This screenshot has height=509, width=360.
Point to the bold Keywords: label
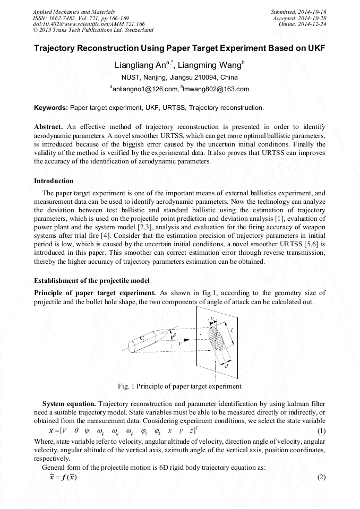pyautogui.click(x=51, y=108)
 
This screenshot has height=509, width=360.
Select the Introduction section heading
pyautogui.click(x=54, y=181)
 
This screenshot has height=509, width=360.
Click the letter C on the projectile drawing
pyautogui.click(x=142, y=338)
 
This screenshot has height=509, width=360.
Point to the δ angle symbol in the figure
pyautogui.click(x=175, y=336)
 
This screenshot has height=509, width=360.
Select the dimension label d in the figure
pyautogui.click(x=227, y=366)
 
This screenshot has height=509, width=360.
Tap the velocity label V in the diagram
pyautogui.click(x=181, y=343)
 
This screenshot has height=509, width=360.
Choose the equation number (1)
pyautogui.click(x=321, y=429)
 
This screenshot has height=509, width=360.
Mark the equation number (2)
pyautogui.click(x=321, y=477)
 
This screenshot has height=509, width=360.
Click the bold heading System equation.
pyautogui.click(x=69, y=398)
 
